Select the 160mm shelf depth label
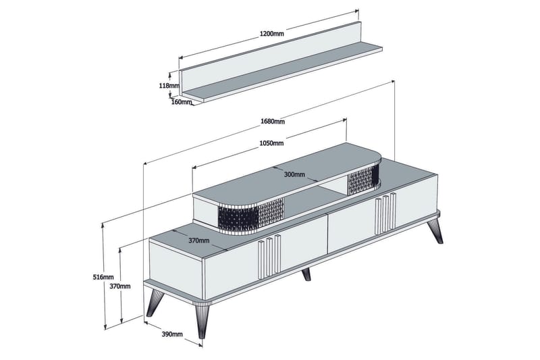pos(181,102)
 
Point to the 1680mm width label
pos(272,122)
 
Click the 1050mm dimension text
pos(271,143)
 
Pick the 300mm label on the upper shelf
pos(294,174)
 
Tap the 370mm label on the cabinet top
pos(198,240)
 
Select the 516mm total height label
pos(103,277)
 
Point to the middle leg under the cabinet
pos(306,273)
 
